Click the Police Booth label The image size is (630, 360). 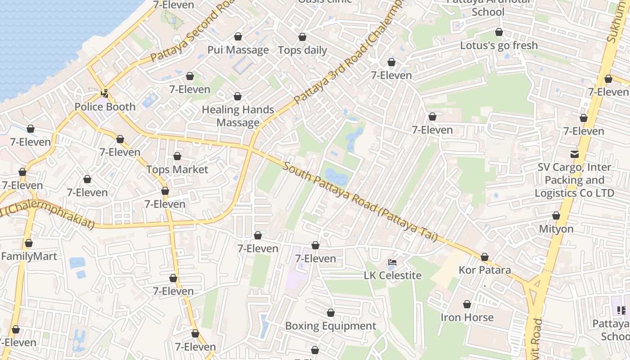105,107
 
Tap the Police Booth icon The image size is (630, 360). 105,94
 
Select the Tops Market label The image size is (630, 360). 177,170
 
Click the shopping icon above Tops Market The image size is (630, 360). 177,156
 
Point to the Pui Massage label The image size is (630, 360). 238,50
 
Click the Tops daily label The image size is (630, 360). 302,50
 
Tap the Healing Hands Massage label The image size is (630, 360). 238,116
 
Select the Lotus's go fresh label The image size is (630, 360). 499,45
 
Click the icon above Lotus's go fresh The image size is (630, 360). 499,32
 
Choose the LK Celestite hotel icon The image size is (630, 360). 392,262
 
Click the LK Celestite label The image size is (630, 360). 392,275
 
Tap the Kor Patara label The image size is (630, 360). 485,270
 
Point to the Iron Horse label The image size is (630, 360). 467,318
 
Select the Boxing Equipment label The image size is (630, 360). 331,326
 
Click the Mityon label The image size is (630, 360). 556,229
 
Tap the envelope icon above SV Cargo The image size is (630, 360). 575,154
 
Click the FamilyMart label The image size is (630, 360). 29,256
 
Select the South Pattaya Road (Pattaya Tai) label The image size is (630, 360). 360,202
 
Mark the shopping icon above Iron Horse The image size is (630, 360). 467,304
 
